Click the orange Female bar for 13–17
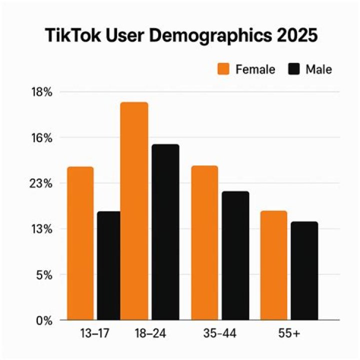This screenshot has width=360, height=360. pyautogui.click(x=80, y=243)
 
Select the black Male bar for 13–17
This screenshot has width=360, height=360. pyautogui.click(x=108, y=265)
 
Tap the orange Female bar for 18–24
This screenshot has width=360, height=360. pyautogui.click(x=134, y=211)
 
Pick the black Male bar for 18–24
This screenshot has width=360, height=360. pyautogui.click(x=165, y=232)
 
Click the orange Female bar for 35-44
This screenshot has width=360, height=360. pyautogui.click(x=204, y=242)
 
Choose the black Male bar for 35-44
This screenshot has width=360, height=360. pyautogui.click(x=235, y=255)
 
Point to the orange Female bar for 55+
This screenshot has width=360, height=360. pyautogui.click(x=273, y=265)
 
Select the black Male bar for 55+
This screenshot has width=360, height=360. pyautogui.click(x=304, y=270)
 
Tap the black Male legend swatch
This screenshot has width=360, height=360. pyautogui.click(x=293, y=69)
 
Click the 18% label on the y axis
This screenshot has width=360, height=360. pyautogui.click(x=41, y=92)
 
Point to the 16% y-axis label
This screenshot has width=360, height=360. pyautogui.click(x=41, y=138)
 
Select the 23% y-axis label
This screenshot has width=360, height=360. pyautogui.click(x=41, y=183)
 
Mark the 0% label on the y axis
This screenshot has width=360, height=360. pyautogui.click(x=43, y=320)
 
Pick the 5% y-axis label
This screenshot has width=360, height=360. pyautogui.click(x=43, y=275)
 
